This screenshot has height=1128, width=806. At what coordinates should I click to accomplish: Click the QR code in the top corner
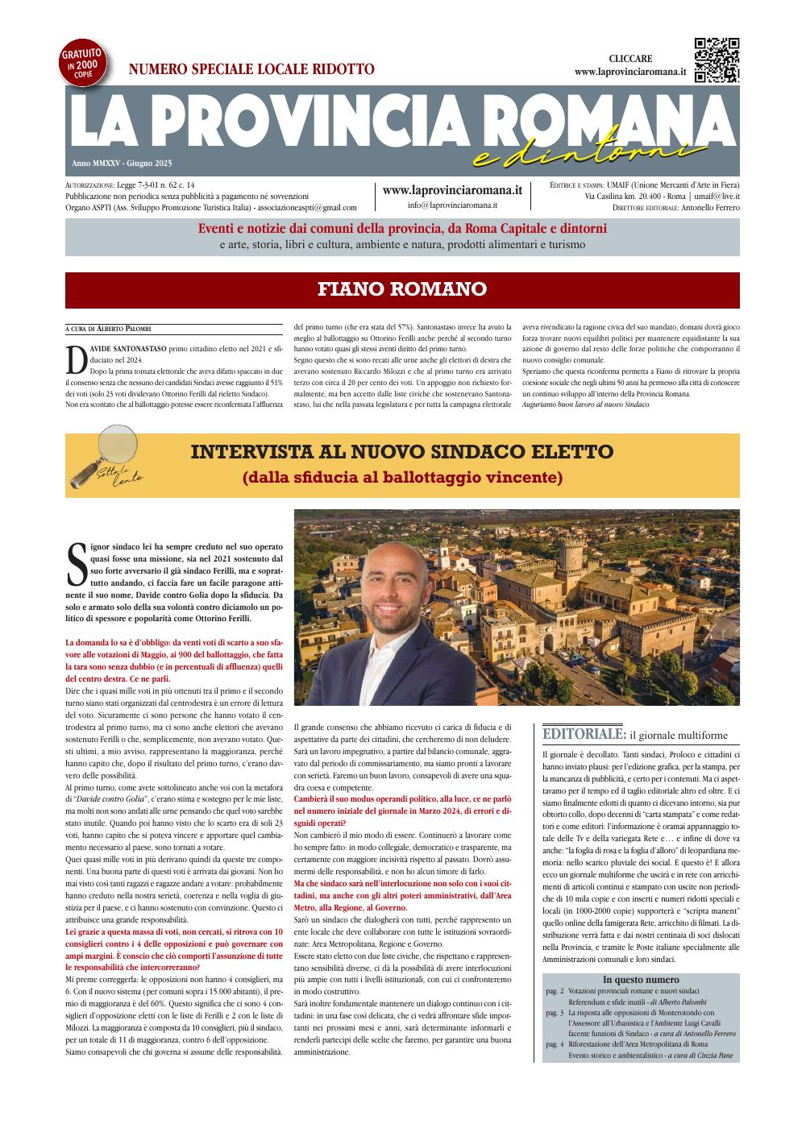717,60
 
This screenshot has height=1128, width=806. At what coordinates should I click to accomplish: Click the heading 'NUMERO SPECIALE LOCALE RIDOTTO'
251,69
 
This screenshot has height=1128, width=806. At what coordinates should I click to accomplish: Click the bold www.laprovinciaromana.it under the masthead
452,190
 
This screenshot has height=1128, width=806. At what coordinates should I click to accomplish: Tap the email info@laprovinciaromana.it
452,205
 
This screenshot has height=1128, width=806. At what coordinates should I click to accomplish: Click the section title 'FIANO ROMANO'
402,288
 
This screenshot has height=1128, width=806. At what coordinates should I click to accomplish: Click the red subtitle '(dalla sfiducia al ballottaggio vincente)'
402,477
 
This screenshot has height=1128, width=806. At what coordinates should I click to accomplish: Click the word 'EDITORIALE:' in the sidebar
584,734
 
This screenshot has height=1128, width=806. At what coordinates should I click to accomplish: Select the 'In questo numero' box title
641,980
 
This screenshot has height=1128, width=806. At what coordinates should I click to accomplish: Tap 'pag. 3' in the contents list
554,1012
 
